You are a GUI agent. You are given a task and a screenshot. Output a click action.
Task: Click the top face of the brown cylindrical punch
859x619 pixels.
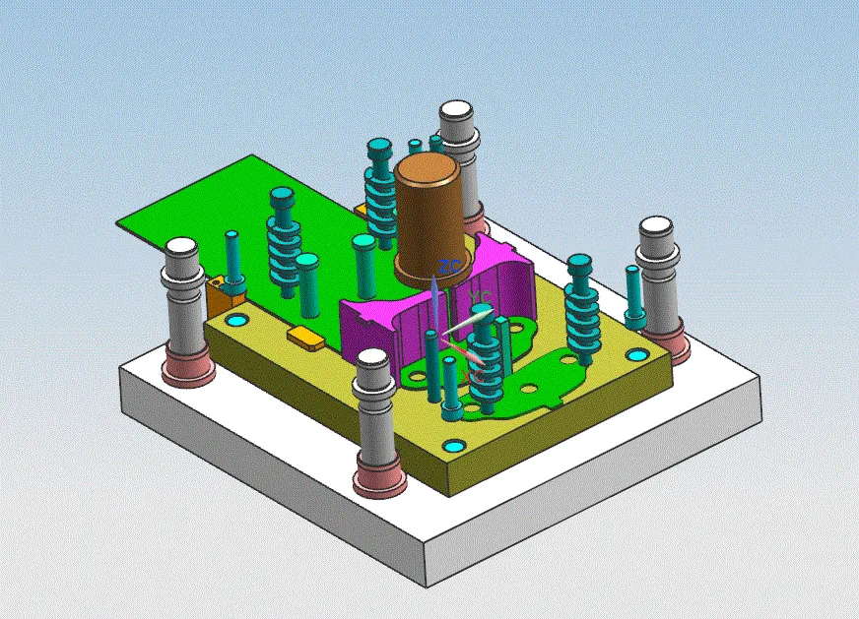click(429, 168)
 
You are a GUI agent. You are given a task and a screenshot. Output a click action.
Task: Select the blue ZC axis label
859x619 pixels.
click(449, 267)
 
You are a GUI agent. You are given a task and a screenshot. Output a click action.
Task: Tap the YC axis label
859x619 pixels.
click(481, 296)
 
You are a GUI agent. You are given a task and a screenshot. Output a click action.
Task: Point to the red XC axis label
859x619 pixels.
click(474, 374)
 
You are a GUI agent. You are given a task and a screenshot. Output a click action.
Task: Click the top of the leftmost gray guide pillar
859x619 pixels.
click(182, 248)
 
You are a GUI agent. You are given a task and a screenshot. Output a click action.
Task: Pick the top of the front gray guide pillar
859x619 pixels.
click(374, 361)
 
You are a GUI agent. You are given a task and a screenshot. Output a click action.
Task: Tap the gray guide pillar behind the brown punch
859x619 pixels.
click(458, 112)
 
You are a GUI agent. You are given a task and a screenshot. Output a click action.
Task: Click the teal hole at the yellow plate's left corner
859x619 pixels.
click(236, 321)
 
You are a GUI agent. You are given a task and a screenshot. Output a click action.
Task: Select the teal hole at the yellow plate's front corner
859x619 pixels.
click(452, 447)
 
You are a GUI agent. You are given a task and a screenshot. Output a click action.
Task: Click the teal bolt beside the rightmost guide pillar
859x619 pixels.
click(634, 295)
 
